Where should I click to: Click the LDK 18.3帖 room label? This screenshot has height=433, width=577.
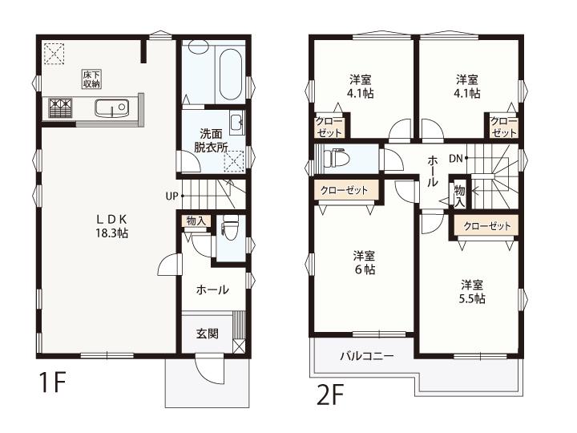click(112, 226)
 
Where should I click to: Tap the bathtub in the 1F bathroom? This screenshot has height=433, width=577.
click(230, 75)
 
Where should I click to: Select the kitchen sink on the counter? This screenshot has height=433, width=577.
click(112, 108)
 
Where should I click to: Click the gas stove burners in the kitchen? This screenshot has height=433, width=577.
click(60, 108)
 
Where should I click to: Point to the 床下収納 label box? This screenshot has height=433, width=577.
click(91, 79)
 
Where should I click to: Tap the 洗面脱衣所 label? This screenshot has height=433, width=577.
click(211, 140)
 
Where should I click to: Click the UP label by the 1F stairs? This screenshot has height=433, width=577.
click(171, 196)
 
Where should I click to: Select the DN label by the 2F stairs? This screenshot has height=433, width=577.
click(455, 158)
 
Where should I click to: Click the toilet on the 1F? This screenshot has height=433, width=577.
click(230, 227)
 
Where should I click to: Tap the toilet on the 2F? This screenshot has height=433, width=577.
click(336, 159)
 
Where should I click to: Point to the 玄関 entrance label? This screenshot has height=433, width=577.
click(208, 334)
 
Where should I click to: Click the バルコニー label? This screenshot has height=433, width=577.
click(367, 356)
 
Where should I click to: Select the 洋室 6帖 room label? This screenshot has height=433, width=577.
click(365, 263)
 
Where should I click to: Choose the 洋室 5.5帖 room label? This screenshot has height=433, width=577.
click(472, 292)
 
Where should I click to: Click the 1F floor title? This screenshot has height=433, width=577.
click(52, 382)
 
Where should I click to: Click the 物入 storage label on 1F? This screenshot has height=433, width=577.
click(196, 221)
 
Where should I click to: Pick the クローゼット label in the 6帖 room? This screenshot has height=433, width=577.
click(344, 190)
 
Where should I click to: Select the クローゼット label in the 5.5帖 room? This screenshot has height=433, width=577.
click(487, 225)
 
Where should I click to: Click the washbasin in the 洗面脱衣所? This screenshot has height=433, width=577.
click(236, 122)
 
